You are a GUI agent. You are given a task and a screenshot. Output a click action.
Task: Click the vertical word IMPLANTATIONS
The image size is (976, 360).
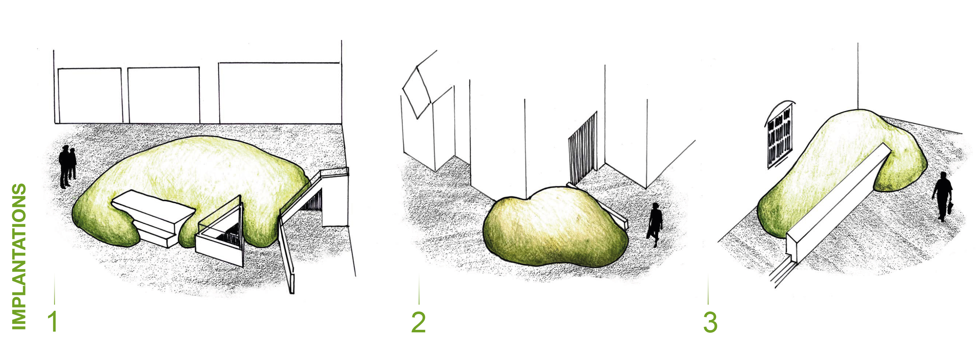pyautogui.click(x=19, y=257)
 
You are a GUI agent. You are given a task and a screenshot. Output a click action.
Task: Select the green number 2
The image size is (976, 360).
pyautogui.click(x=418, y=323)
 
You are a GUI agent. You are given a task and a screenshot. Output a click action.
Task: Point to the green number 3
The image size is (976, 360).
pyautogui.click(x=710, y=323)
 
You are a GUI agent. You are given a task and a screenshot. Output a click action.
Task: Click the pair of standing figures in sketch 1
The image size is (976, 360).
pyautogui.click(x=68, y=167)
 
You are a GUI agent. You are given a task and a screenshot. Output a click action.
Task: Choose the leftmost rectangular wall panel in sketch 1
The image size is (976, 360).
pyautogui.click(x=90, y=96)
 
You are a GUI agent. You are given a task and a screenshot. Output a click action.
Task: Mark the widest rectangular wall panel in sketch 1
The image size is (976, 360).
pyautogui.click(x=280, y=93)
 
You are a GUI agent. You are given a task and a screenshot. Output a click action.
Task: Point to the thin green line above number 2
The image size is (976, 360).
pyautogui.click(x=419, y=289)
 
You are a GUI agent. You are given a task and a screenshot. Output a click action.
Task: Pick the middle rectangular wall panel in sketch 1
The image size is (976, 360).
pyautogui.click(x=164, y=95)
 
